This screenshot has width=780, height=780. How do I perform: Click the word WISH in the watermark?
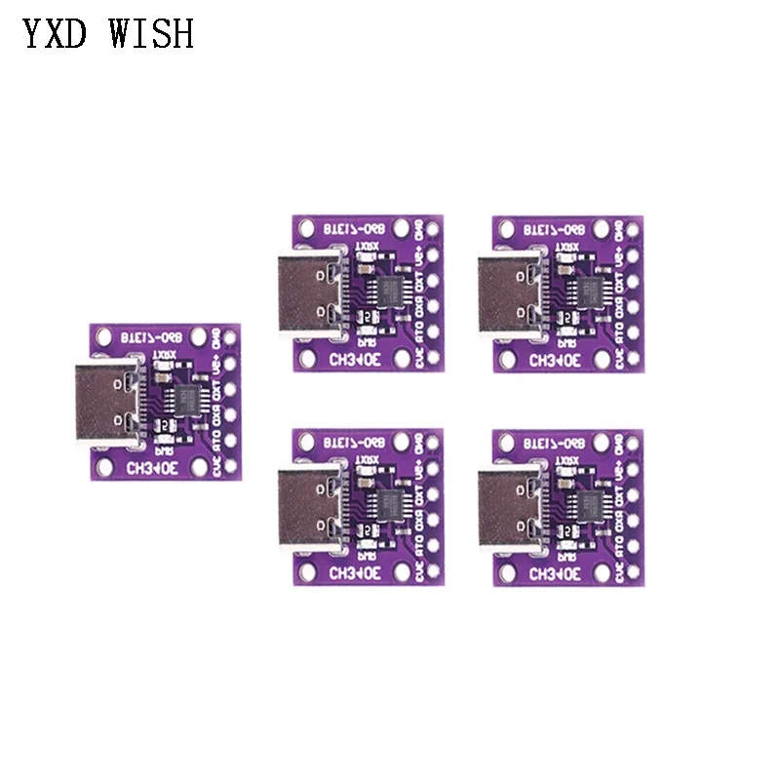pos(153,34)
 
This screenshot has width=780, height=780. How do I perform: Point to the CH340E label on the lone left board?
pos(153,467)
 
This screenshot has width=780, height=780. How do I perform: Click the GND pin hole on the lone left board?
pos(230,338)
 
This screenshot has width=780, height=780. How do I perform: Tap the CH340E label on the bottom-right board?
pos(559,573)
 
